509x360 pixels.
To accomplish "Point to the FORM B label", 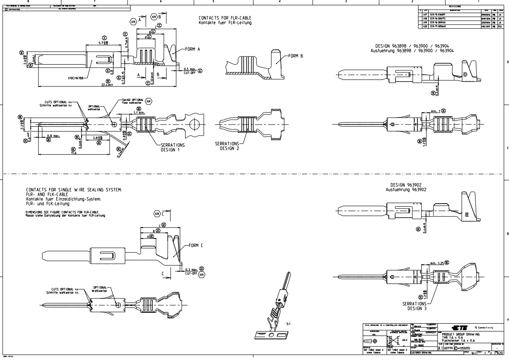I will tap(296, 56).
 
